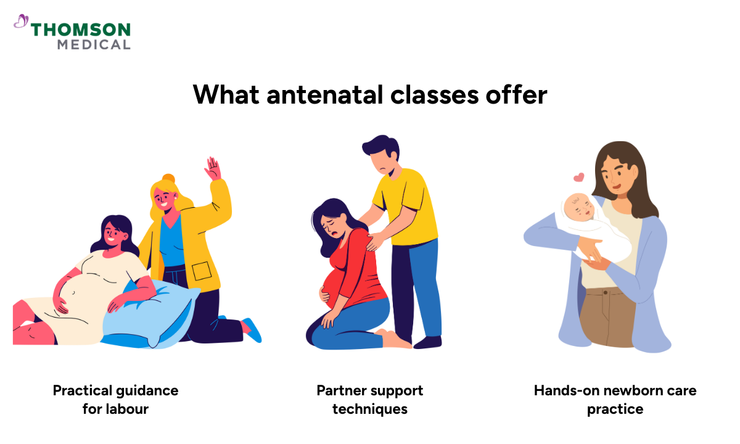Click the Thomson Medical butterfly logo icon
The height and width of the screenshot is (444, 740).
click(x=21, y=22)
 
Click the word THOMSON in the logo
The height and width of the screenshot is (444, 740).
click(x=80, y=30)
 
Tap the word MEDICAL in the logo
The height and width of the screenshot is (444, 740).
click(x=94, y=44)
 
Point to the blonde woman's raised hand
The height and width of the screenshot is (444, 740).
click(x=213, y=168)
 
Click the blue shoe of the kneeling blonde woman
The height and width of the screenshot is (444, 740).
click(x=252, y=329)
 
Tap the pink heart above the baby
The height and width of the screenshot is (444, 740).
click(x=578, y=178)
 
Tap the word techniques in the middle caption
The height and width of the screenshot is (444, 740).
click(x=370, y=409)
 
